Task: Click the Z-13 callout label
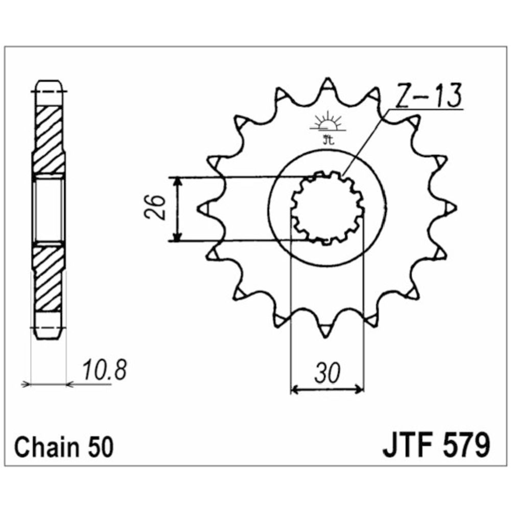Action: pyautogui.click(x=429, y=96)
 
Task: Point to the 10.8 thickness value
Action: pyautogui.click(x=104, y=370)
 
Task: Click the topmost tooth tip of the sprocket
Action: pyautogui.click(x=328, y=79)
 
